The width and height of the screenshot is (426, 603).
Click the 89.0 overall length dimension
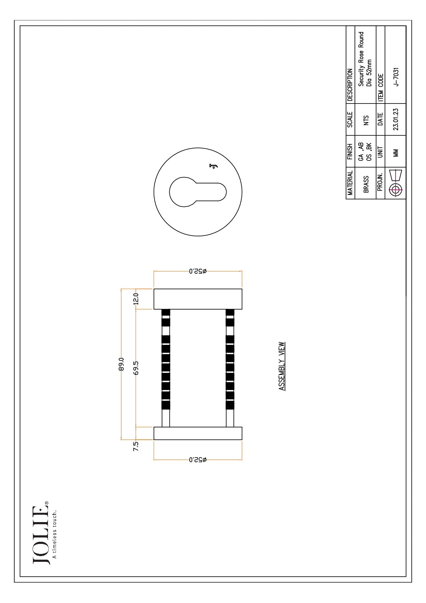(x=121, y=364)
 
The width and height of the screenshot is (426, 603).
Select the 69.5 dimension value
(x=136, y=368)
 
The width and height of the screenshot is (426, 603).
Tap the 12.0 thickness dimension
(x=136, y=299)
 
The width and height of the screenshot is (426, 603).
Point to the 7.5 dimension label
(x=136, y=446)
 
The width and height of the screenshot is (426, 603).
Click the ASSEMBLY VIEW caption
(x=281, y=366)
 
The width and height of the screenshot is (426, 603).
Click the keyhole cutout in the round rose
(x=198, y=192)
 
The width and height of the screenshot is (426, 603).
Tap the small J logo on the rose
(x=213, y=166)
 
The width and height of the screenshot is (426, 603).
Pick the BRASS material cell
(x=366, y=184)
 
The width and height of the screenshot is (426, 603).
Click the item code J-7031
(x=396, y=77)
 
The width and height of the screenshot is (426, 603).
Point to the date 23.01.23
(x=396, y=119)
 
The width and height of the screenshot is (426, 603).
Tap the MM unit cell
(x=396, y=153)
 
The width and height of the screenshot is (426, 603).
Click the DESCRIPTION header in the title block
(x=350, y=85)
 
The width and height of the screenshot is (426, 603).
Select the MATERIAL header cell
(x=350, y=183)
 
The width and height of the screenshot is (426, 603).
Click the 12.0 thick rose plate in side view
(x=198, y=299)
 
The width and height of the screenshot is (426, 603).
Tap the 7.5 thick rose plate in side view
(x=198, y=433)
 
